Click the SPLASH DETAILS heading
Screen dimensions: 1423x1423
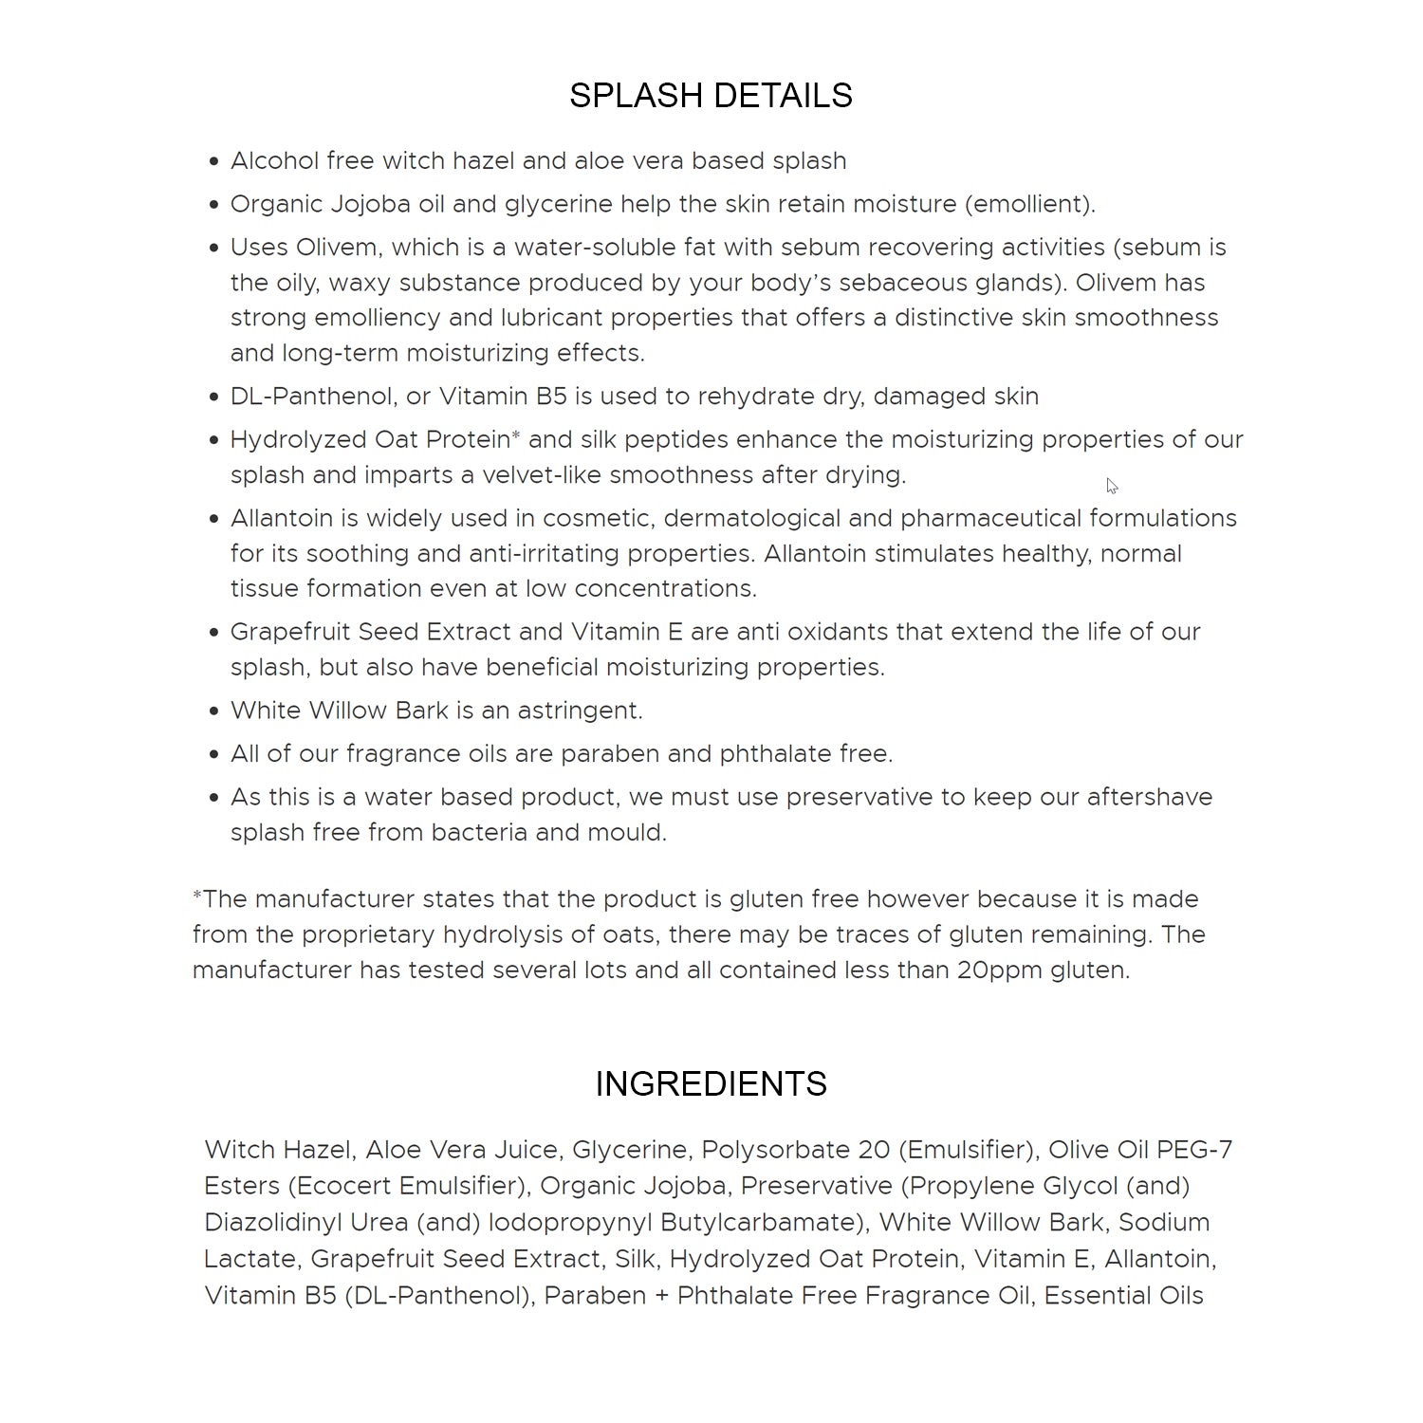711,96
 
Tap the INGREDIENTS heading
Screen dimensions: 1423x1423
711,1083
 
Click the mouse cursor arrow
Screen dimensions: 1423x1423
1111,486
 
